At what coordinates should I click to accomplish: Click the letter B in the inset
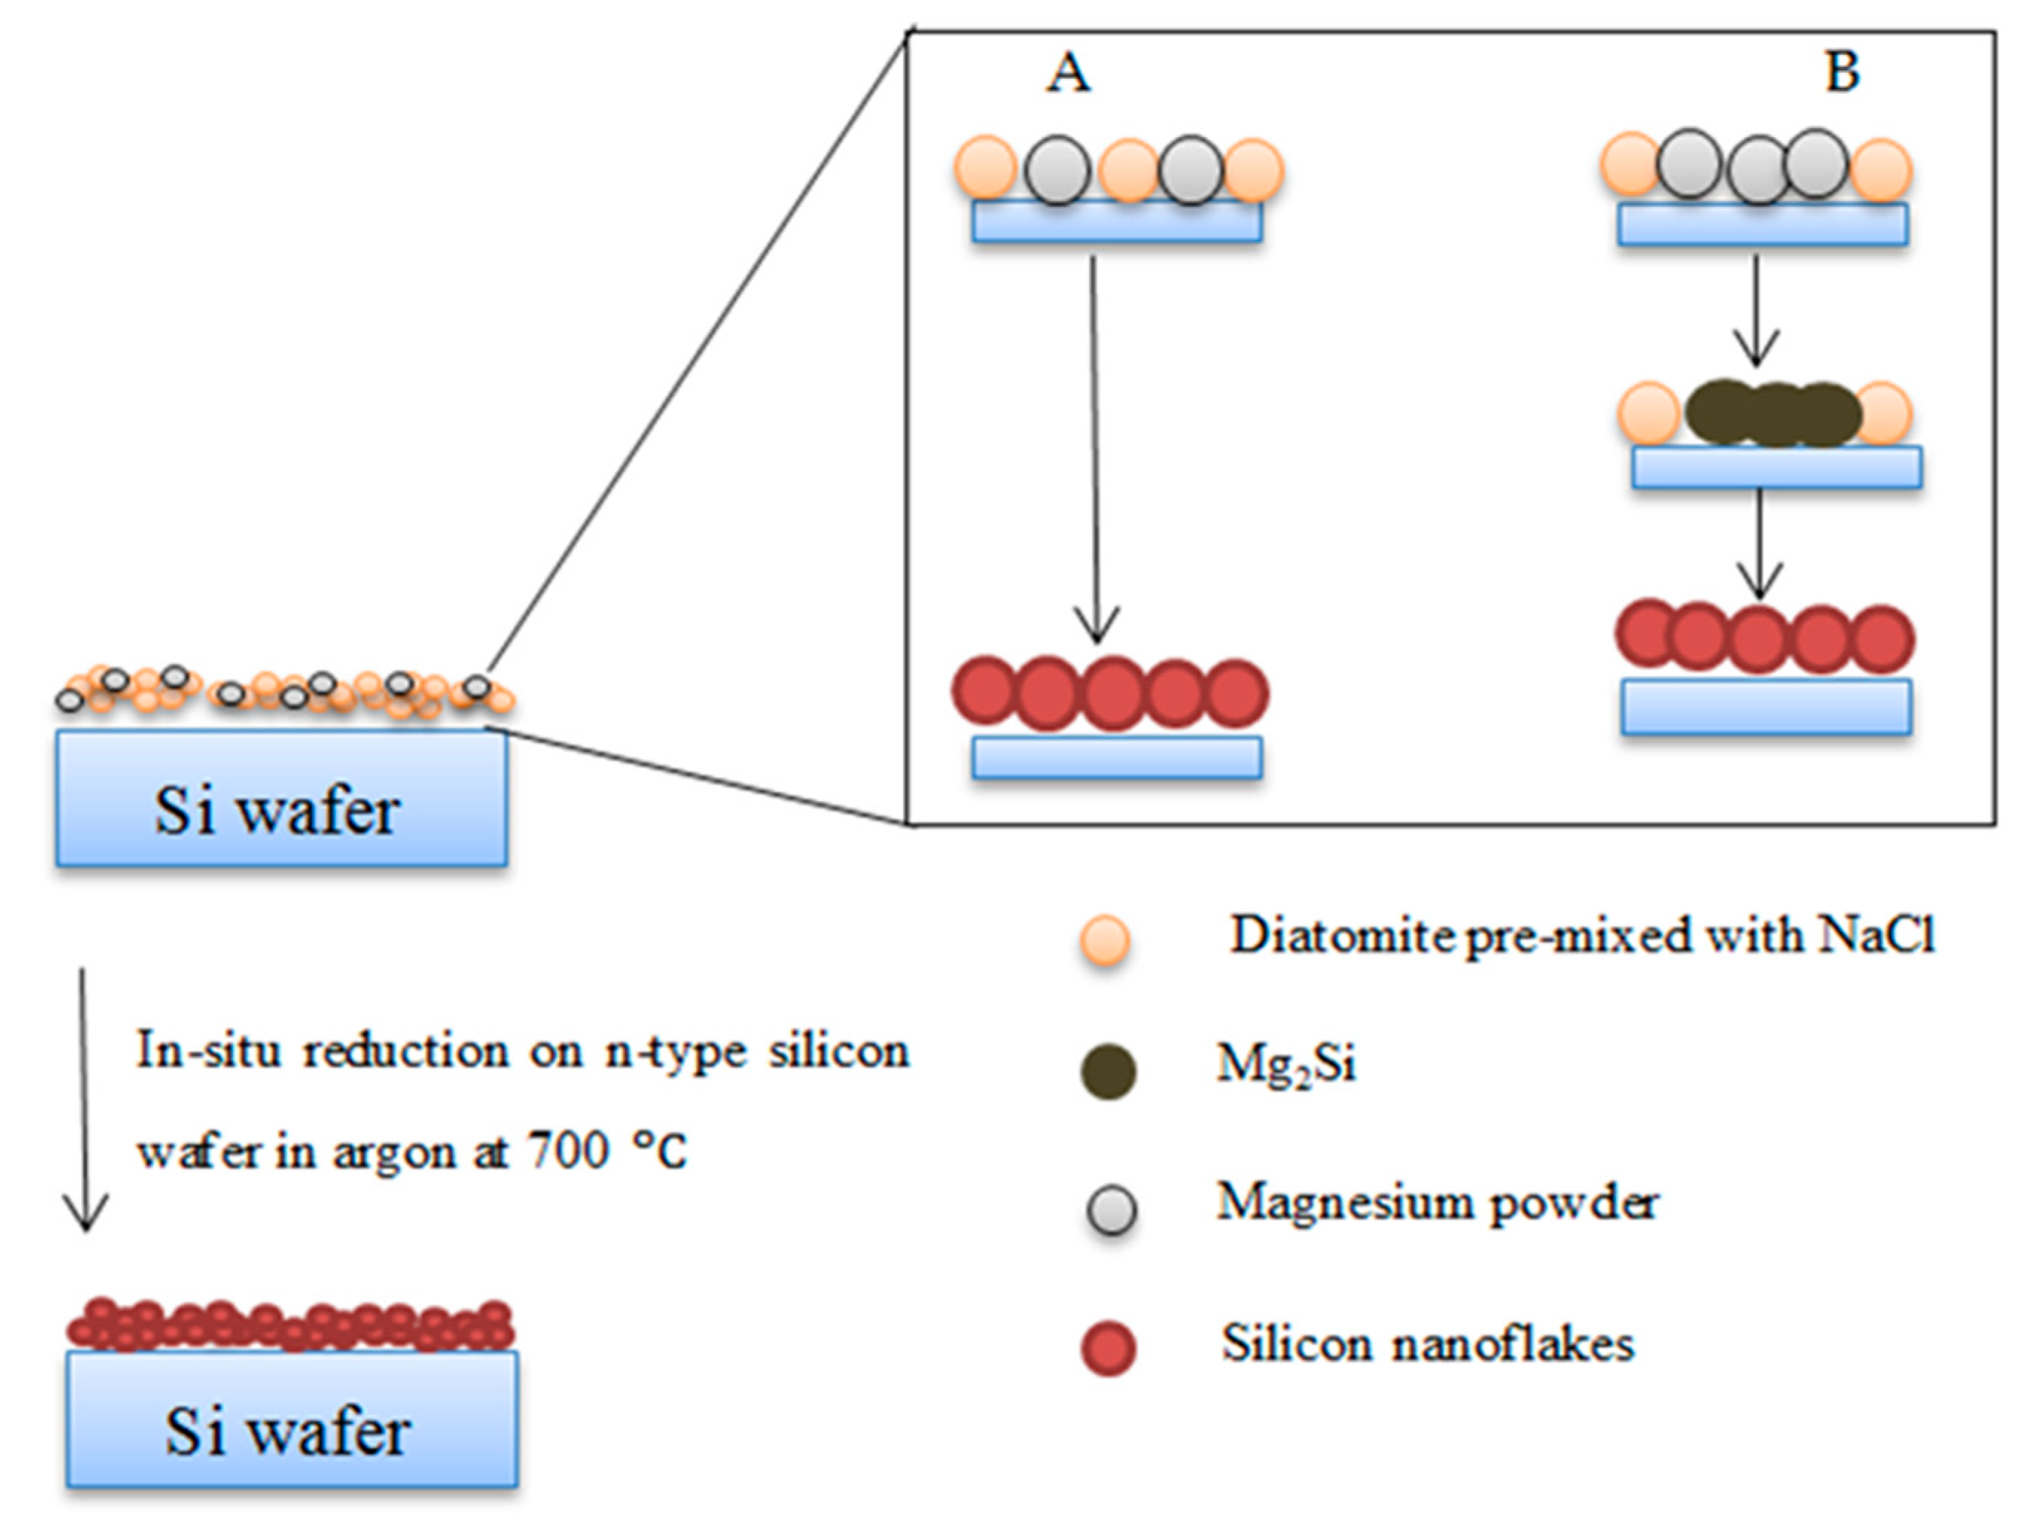click(x=1842, y=71)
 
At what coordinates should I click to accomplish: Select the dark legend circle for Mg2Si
click(x=1108, y=1071)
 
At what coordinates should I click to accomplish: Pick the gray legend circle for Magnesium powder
click(x=1111, y=1210)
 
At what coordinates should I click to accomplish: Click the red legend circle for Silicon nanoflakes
click(x=1108, y=1348)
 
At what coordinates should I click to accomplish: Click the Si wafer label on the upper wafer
click(x=277, y=811)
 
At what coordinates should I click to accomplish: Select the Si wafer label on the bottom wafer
click(x=287, y=1431)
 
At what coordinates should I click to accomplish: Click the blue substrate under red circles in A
click(x=1116, y=758)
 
